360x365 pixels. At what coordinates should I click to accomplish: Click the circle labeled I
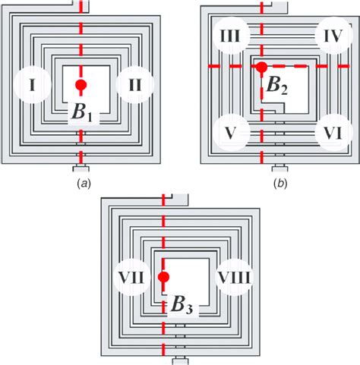(32, 85)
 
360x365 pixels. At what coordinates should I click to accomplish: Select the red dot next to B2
(261, 68)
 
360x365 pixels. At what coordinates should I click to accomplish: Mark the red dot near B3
(163, 277)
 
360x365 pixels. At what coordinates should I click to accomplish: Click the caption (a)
(81, 184)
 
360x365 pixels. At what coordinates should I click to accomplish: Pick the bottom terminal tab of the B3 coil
(180, 360)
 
